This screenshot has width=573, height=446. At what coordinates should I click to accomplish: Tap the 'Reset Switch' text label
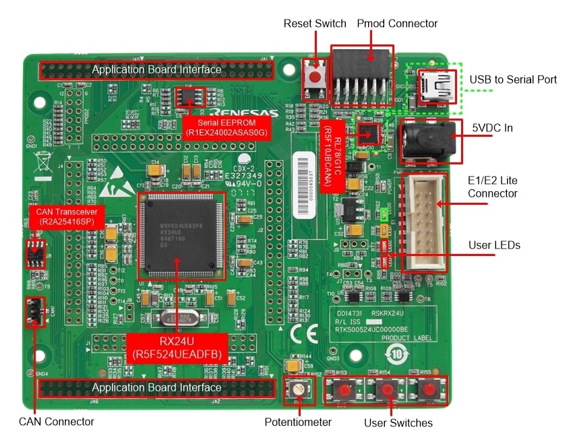coord(315,24)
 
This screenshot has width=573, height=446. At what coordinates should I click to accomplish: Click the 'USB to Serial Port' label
coord(513,79)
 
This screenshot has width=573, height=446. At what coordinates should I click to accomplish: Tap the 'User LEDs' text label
coord(494,245)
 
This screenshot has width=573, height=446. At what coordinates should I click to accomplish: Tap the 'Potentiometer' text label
coord(298,422)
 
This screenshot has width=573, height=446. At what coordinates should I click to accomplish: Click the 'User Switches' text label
coord(398,423)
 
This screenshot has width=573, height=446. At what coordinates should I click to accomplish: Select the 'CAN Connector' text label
coord(56,422)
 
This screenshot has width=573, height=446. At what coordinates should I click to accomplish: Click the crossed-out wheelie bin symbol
coord(40,162)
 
